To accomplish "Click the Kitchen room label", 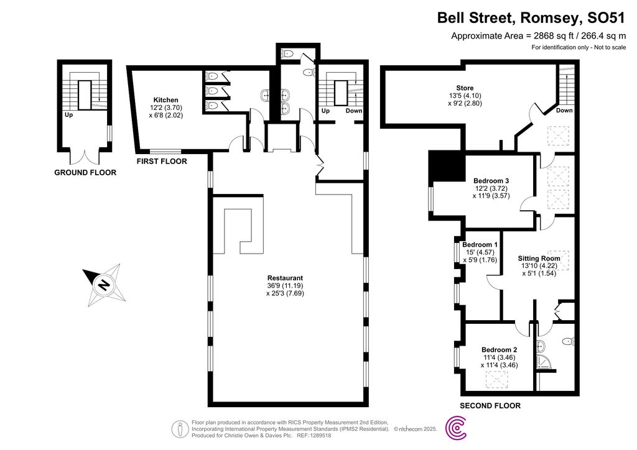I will (x=166, y=100).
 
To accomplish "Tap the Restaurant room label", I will (x=285, y=278).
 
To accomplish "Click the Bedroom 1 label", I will (x=480, y=245).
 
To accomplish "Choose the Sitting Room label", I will (x=539, y=258).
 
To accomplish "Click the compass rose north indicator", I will (x=103, y=285).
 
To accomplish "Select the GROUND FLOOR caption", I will (x=85, y=172).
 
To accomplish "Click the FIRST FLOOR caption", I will (x=162, y=161).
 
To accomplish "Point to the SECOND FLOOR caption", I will (x=490, y=406).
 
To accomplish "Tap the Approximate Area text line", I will (x=538, y=36).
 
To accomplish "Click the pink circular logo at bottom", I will (x=458, y=428).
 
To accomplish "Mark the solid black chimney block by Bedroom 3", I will (x=447, y=167).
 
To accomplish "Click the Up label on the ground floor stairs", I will (x=68, y=115).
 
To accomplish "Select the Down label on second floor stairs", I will (x=564, y=111).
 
